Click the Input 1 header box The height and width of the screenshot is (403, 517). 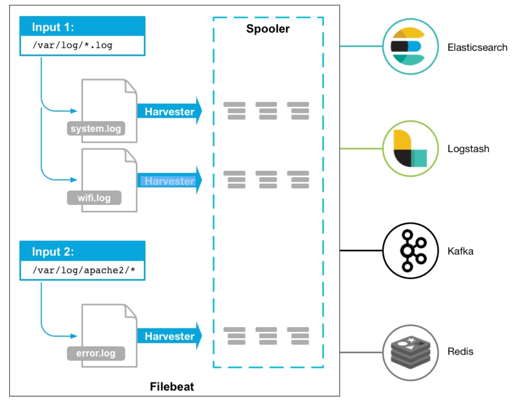(83, 26)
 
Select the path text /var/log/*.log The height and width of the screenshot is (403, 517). (72, 45)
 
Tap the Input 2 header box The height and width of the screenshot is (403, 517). (83, 251)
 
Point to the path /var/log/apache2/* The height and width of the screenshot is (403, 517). (84, 270)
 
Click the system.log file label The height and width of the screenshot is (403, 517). (96, 128)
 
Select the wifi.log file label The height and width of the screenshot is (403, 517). (94, 198)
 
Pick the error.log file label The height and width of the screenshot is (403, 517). (96, 353)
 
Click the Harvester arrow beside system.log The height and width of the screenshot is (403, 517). (169, 111)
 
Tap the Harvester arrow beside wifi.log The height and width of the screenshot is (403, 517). (169, 181)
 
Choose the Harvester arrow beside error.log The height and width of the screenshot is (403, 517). (169, 336)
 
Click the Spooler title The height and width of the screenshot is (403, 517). (268, 29)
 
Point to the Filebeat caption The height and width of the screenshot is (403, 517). (172, 386)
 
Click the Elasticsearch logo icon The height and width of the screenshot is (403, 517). (410, 46)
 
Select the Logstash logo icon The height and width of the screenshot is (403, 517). (410, 148)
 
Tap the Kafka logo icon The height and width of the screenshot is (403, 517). (410, 250)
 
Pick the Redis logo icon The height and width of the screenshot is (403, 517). (410, 352)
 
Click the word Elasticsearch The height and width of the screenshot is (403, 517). (477, 48)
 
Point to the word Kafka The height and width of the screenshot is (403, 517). (460, 251)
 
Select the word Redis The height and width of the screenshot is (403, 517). (460, 352)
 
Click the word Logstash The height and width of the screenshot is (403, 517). (468, 149)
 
